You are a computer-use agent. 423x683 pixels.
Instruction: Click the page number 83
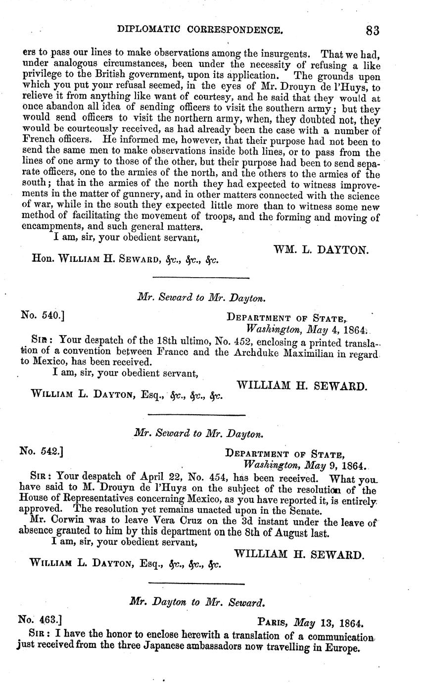[373, 31]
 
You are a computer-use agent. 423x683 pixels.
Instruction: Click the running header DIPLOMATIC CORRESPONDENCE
[200, 31]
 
